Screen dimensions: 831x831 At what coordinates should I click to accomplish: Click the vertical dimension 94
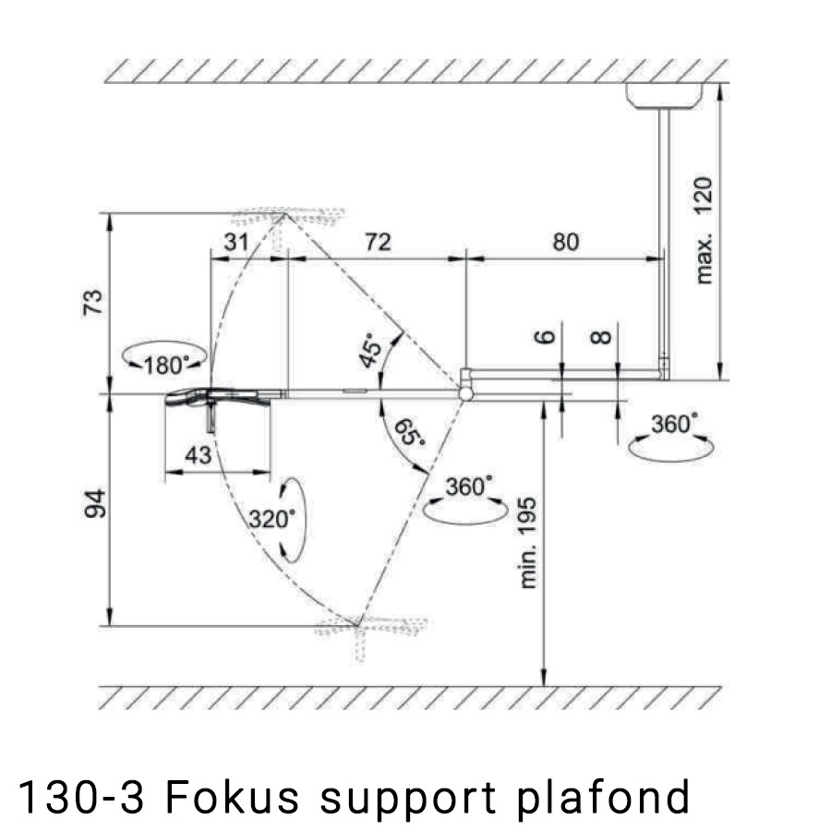tap(95, 507)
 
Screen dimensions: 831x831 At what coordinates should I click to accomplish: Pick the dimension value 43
tap(198, 455)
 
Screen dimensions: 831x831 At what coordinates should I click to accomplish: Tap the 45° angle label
tap(372, 352)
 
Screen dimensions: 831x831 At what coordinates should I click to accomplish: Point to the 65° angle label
tap(409, 432)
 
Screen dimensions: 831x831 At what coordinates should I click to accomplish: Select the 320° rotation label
tap(271, 518)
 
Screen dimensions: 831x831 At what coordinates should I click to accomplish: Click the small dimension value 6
tap(547, 335)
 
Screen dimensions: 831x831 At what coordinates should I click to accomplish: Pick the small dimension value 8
tap(601, 335)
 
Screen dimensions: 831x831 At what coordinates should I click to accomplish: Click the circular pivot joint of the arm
tap(466, 393)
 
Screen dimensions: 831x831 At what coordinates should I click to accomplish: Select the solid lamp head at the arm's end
tap(220, 398)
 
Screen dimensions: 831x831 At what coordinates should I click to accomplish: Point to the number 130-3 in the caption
tap(81, 796)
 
